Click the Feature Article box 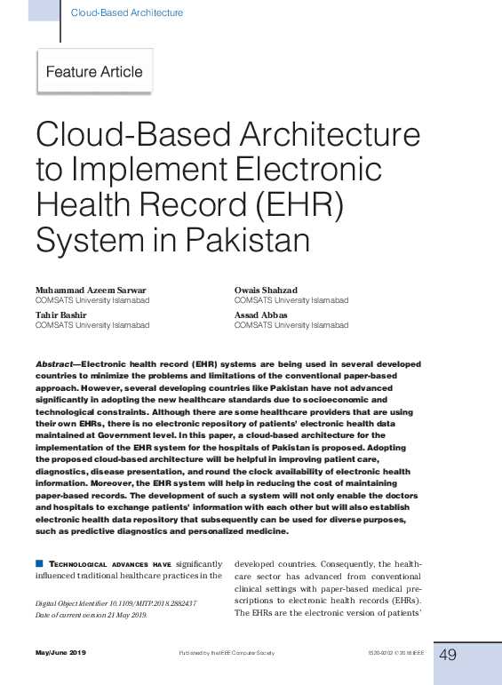[94, 72]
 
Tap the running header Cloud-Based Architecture [126, 12]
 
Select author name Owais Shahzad [265, 290]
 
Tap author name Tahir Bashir [60, 315]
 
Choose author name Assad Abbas [260, 315]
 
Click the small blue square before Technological [39, 563]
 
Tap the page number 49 [448, 654]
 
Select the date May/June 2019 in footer [60, 655]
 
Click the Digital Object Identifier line [116, 602]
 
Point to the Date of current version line [92, 615]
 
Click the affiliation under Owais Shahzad [291, 300]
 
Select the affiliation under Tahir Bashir [92, 325]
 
